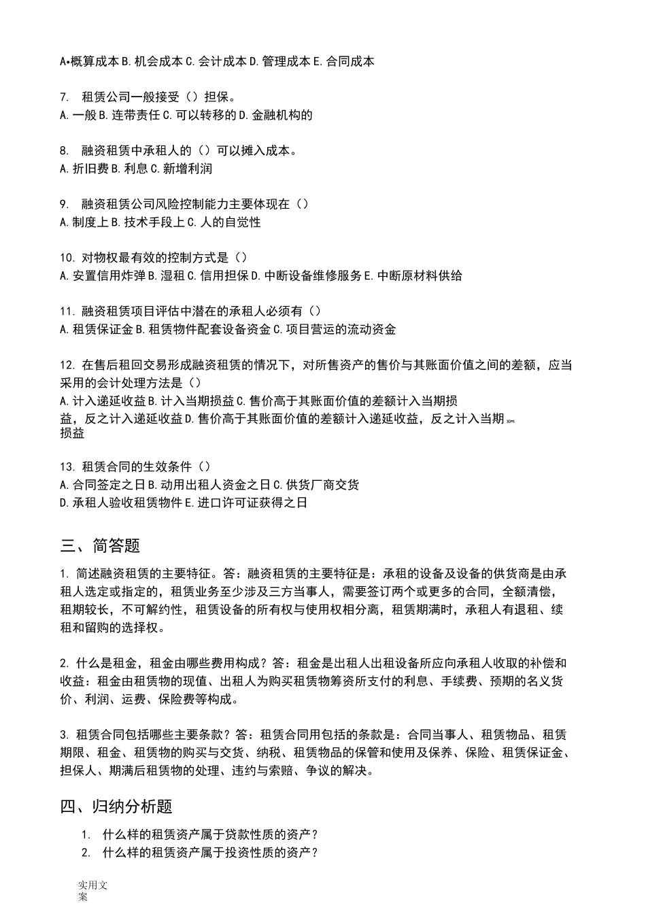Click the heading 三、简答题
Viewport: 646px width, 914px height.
[100, 545]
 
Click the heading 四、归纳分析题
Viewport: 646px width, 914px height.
[116, 807]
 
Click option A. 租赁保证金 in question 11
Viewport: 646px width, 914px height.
[96, 329]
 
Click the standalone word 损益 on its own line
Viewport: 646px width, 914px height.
[72, 433]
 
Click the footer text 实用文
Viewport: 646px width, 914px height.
[92, 885]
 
